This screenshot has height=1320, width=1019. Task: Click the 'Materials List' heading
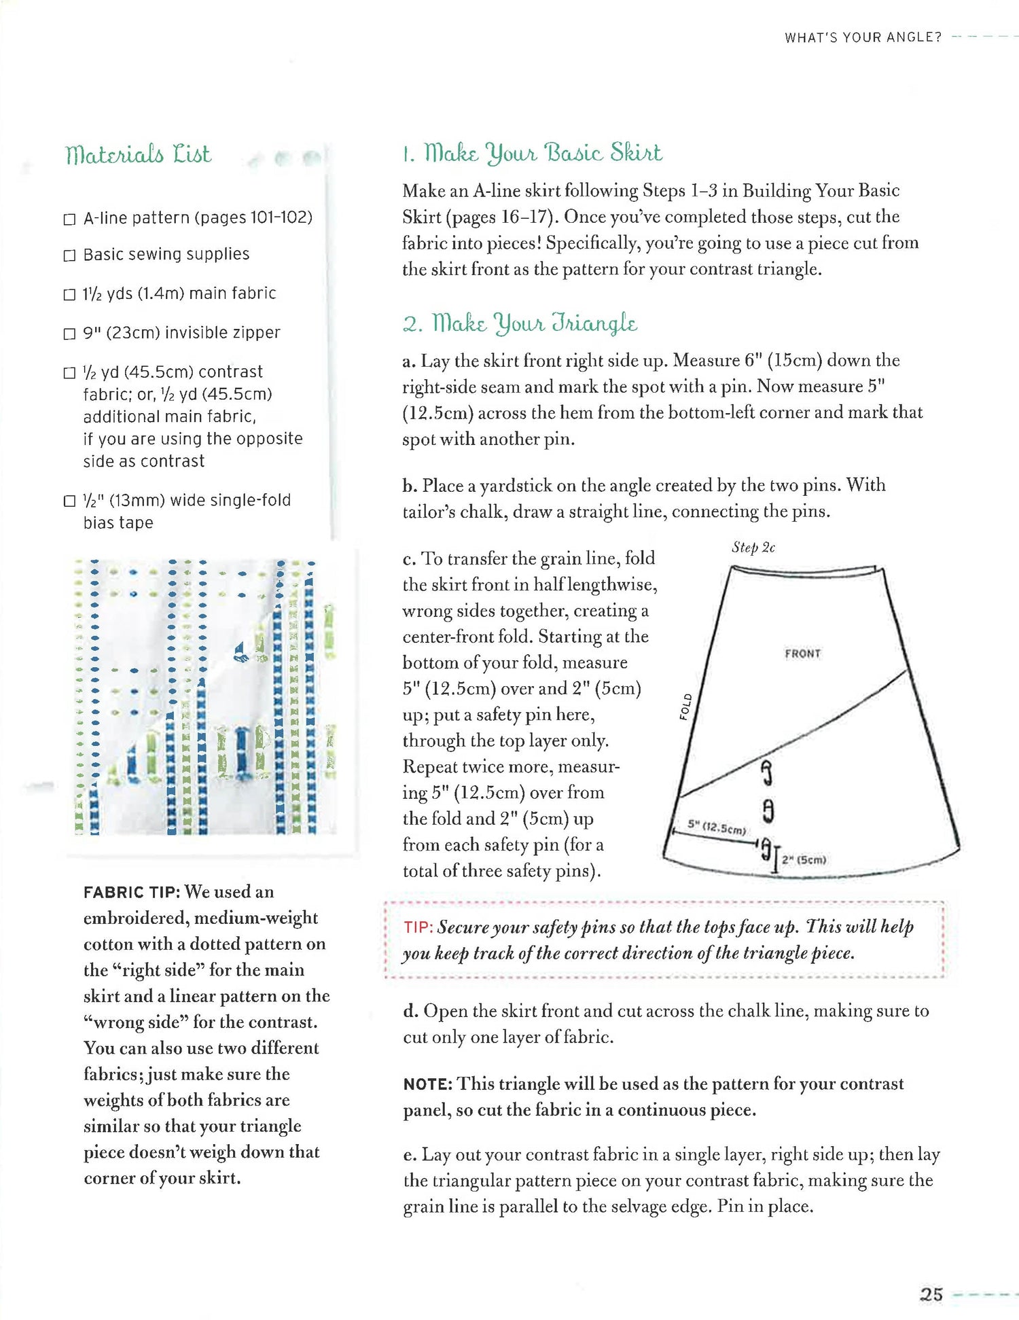pos(138,154)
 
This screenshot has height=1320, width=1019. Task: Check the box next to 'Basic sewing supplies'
pos(69,255)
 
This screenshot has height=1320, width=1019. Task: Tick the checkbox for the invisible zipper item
pos(69,334)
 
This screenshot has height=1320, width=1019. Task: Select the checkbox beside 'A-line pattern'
pos(69,219)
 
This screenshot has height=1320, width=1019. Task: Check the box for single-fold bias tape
pos(69,501)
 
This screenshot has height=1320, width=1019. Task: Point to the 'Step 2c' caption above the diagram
pos(753,548)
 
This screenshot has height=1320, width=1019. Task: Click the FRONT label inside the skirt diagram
pos(802,654)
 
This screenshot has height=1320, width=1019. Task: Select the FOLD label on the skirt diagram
pos(685,707)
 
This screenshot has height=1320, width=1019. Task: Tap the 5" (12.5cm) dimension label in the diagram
pos(717,827)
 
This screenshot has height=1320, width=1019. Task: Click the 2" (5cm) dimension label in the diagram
pos(804,860)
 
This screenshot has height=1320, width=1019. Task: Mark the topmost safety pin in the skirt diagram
pos(767,772)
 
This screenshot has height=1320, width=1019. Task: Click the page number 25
pos(931,1294)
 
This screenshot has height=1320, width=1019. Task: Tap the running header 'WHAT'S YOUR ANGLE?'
pos(863,38)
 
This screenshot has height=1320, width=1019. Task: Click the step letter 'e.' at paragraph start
pos(410,1156)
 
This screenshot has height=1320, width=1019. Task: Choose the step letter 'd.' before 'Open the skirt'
pos(410,1012)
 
